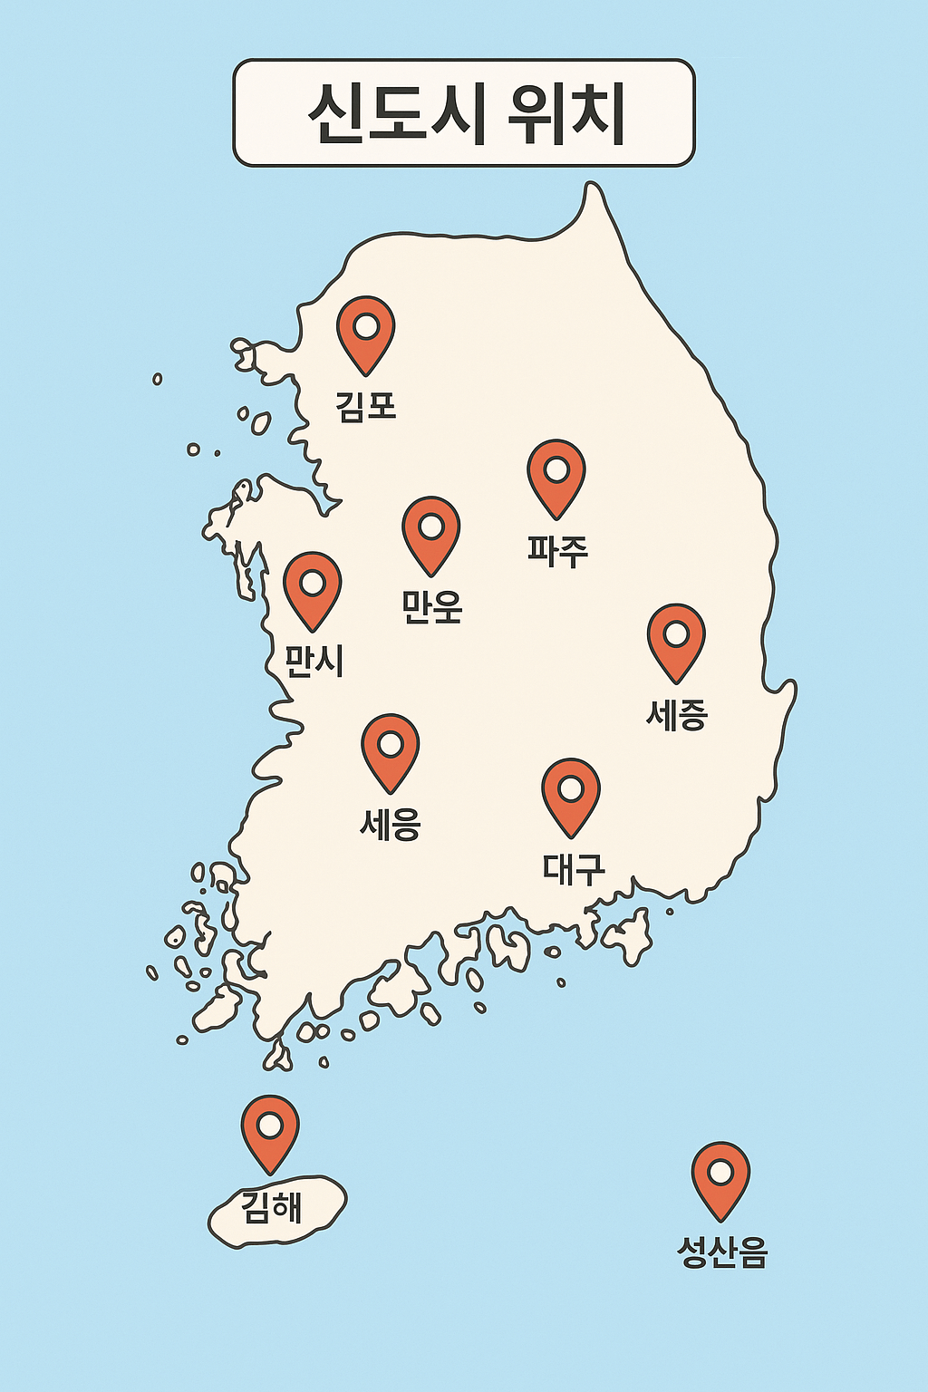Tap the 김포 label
point(366,405)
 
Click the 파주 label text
point(558,550)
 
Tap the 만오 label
point(432,606)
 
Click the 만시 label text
point(314,662)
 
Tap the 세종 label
point(676,714)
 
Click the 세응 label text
point(391,824)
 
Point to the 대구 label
point(574,868)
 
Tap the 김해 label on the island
point(272,1207)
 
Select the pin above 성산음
point(720,1174)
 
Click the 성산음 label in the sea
point(722,1252)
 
